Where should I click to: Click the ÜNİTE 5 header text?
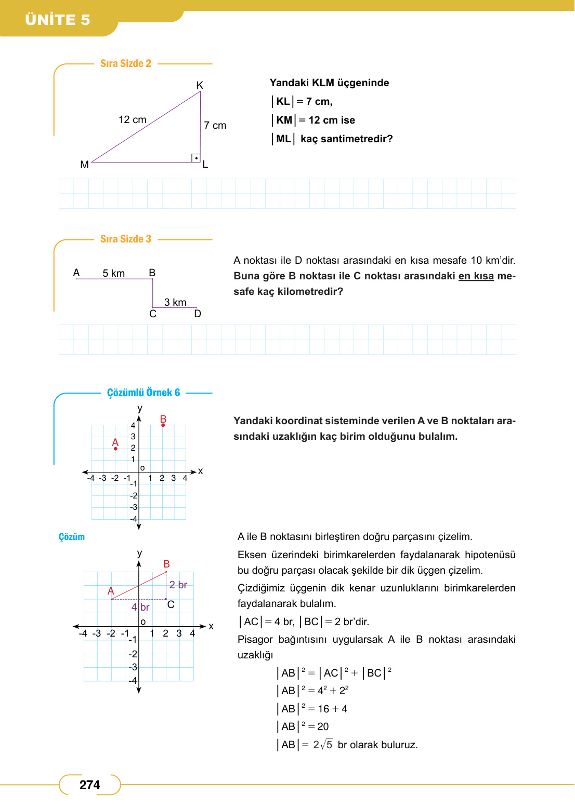pos(58,20)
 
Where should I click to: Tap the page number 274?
pos(89,785)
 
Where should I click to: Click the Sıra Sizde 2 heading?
pos(126,63)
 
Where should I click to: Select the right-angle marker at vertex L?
pos(196,158)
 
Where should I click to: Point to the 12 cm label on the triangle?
pos(133,120)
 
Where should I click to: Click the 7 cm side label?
pos(215,126)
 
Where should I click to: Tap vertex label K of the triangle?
pos(200,86)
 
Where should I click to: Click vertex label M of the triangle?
pos(84,165)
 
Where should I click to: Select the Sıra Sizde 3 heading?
pos(126,239)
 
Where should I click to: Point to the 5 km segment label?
pos(113,274)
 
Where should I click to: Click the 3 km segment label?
pos(175,303)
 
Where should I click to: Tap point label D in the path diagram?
pos(198,314)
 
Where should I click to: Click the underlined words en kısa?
pos(476,276)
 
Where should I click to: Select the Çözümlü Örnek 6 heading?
pos(143,393)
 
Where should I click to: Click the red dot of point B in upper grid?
pos(163,425)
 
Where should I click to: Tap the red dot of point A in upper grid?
pos(115,449)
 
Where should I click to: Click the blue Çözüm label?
pos(72,537)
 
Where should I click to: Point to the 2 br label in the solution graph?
pos(178,585)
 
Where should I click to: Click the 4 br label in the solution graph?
pos(140,607)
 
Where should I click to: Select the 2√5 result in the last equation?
pos(322,745)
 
